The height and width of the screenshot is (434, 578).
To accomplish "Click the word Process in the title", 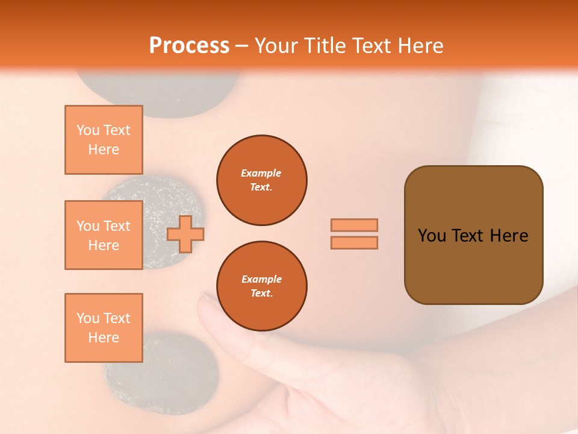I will click(x=189, y=45).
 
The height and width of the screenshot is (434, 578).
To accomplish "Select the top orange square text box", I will click(x=104, y=140).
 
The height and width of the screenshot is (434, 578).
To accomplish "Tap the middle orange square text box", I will click(x=104, y=235).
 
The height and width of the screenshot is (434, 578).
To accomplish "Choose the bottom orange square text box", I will click(x=104, y=328).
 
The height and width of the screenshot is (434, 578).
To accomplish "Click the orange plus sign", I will click(x=185, y=234).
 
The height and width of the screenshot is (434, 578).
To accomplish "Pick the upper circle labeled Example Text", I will click(x=261, y=180).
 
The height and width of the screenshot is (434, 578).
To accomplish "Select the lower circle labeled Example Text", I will click(x=261, y=286).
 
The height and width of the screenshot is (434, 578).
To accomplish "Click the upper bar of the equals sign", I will click(x=354, y=225).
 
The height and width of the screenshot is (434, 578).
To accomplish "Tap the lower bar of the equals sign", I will click(x=354, y=242).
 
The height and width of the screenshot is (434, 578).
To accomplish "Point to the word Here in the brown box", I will click(x=509, y=236).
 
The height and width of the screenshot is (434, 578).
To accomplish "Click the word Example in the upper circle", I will click(x=261, y=173).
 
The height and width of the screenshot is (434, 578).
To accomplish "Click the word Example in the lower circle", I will click(x=261, y=279).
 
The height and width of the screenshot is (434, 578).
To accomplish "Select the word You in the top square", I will click(x=87, y=130).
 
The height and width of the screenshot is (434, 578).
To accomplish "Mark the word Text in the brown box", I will click(x=469, y=236).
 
